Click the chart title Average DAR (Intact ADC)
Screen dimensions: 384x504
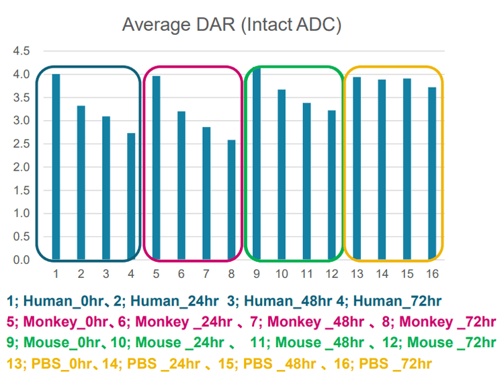233,26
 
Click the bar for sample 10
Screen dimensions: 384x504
282,175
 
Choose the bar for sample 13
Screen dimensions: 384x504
358,168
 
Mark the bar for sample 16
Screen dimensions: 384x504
432,173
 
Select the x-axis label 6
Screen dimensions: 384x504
181,274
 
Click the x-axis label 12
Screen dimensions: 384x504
332,274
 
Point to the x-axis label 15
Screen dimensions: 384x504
407,274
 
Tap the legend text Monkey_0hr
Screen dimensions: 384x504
68,323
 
